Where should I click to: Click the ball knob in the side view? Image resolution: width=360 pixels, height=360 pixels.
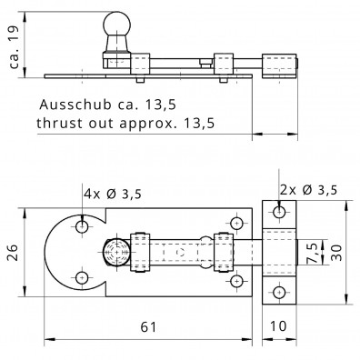pos(117,25)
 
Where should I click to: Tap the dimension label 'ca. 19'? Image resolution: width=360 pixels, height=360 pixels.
pos(14,46)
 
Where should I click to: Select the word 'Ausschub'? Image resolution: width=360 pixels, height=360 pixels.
pos(75,105)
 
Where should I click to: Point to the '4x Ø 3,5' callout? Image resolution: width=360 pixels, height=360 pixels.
pos(113,194)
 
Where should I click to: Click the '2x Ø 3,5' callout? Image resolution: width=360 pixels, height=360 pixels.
pos(308,190)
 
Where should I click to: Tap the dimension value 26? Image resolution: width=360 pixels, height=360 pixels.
pos(14,252)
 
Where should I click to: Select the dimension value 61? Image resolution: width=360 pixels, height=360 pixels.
pos(148,327)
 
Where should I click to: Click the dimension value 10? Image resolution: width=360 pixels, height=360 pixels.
pos(278,326)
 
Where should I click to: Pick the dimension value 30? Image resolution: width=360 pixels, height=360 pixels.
pos(336,253)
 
